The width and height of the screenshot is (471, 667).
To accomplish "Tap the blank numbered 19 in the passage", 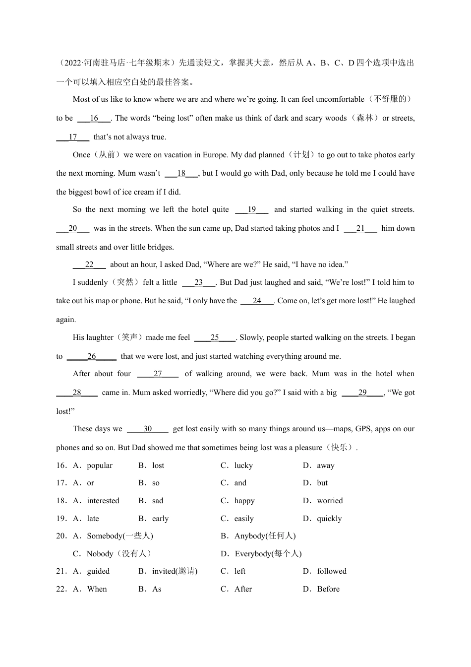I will coord(251,209).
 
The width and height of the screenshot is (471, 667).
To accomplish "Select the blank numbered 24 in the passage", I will coord(257,301).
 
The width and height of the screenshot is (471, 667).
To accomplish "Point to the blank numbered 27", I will coord(158,374).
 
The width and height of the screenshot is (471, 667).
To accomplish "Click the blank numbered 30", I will coord(148,429).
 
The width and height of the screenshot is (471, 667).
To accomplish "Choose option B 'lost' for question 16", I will coord(158,466).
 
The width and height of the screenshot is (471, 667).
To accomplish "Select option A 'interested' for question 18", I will coord(103,501).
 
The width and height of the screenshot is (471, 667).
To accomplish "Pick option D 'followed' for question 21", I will coord(332,571).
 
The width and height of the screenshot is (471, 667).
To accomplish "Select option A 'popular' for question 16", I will coord(99,466).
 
